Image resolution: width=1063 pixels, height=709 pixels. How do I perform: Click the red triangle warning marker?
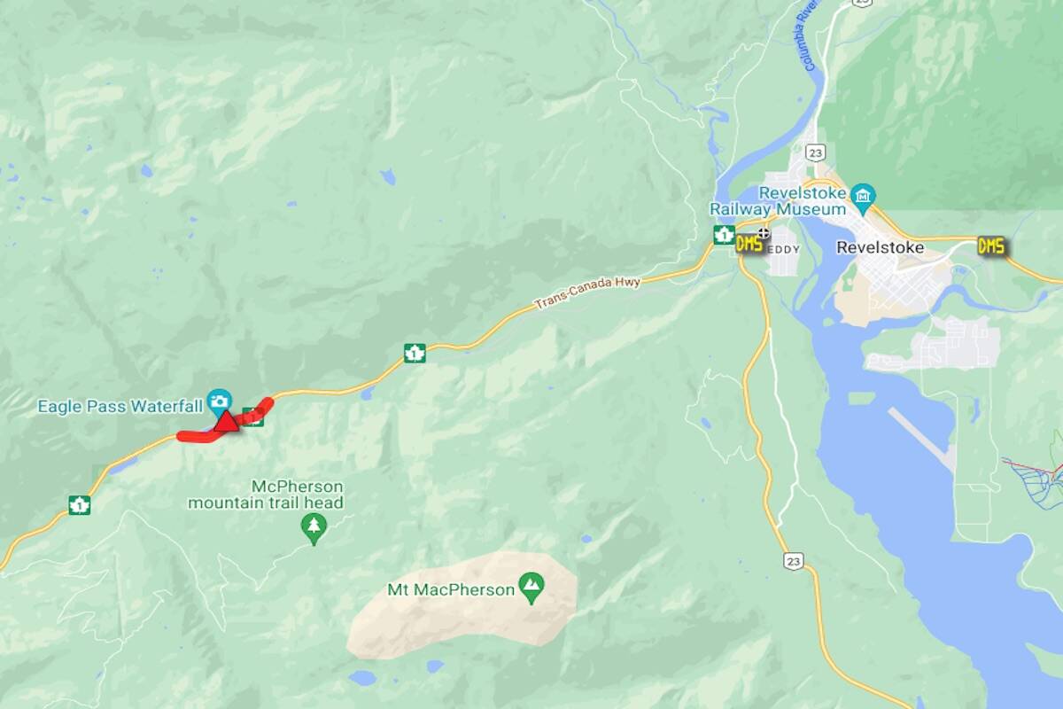tap(226, 421)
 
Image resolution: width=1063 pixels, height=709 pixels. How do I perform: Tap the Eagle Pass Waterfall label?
tap(120, 407)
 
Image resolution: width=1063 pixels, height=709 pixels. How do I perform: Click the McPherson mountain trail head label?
tap(266, 495)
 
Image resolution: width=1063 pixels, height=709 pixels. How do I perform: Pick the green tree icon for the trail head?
tap(313, 527)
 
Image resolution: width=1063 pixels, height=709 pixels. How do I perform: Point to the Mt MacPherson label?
tap(451, 589)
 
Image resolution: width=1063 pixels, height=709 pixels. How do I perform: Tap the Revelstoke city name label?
tap(880, 247)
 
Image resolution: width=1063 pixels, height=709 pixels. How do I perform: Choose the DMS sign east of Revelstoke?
tap(991, 245)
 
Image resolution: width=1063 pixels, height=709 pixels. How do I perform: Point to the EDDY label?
tap(783, 250)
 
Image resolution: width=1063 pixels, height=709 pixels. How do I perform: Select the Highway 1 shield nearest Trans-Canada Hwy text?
tap(414, 353)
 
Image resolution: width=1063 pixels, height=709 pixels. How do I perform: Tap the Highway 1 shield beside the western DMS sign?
tap(724, 235)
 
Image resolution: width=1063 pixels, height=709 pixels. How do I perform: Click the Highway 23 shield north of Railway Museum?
tap(817, 152)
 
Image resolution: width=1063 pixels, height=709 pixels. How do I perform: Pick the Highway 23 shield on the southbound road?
tap(793, 560)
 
